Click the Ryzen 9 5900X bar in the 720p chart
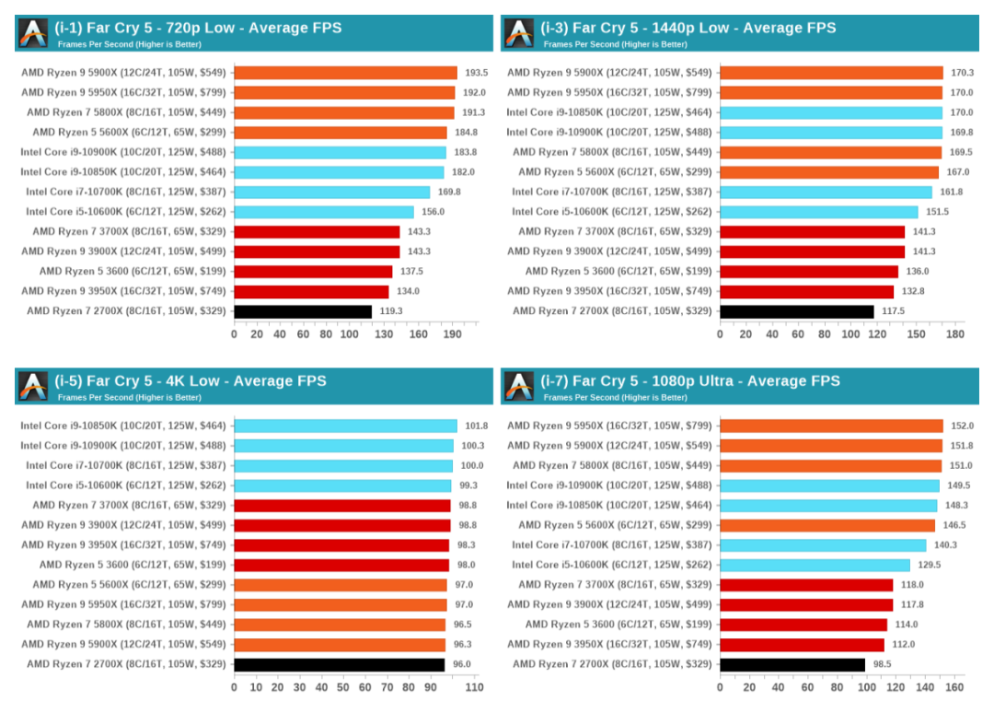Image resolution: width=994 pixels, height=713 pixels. [x=345, y=73]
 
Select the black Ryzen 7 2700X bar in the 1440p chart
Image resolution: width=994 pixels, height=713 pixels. [x=796, y=311]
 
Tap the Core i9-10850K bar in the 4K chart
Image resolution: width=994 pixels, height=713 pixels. [x=345, y=426]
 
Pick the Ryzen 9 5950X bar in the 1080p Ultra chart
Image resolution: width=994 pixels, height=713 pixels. [x=831, y=426]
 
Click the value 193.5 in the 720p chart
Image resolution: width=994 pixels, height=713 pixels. [x=477, y=73]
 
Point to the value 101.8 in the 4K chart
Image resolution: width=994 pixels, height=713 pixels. [x=476, y=426]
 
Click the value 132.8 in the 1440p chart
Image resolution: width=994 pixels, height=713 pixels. [x=912, y=292]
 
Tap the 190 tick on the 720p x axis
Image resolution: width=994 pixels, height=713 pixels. [x=452, y=334]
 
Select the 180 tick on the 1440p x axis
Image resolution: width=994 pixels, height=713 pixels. [x=954, y=334]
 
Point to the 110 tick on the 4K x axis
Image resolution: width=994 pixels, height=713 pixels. [x=474, y=687]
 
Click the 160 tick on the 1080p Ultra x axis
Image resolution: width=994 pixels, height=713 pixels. [x=954, y=687]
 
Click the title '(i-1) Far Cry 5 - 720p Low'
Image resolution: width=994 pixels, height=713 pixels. [x=198, y=28]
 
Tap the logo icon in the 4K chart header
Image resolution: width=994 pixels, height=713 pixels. [x=33, y=386]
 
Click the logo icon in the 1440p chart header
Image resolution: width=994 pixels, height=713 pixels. [x=519, y=33]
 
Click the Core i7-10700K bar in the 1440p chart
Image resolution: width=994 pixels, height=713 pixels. [x=826, y=193]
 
